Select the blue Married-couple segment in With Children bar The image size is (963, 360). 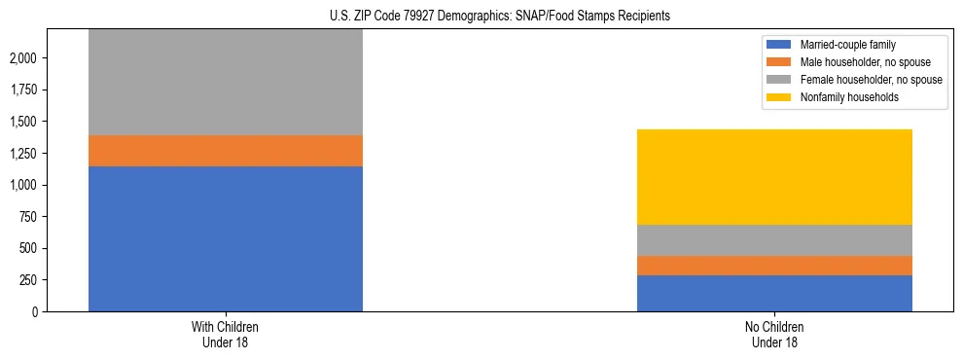click(226, 238)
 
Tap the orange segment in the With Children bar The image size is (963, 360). click(226, 151)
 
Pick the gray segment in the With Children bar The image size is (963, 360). click(226, 83)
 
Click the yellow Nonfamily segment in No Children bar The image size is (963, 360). click(774, 177)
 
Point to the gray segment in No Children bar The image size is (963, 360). click(774, 240)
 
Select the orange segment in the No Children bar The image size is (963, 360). click(774, 266)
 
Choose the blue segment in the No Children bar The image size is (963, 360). click(774, 293)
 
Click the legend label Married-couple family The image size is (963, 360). click(847, 45)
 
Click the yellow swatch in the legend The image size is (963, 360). click(779, 97)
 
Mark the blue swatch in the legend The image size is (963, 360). click(779, 45)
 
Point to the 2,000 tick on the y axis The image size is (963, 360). click(23, 58)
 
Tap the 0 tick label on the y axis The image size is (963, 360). click(34, 311)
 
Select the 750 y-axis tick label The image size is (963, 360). click(27, 217)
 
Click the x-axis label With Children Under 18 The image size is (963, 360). click(226, 334)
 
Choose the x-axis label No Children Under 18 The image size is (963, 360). click(774, 334)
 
